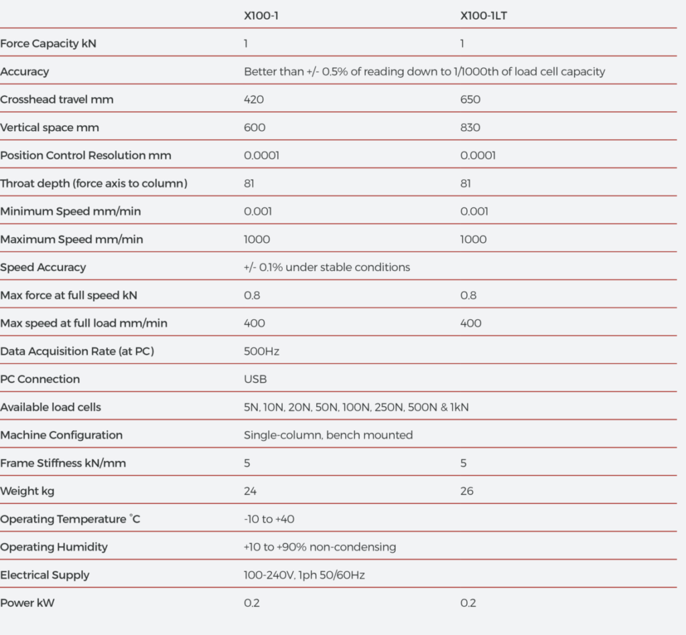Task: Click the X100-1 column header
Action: (261, 15)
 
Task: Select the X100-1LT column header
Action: (484, 15)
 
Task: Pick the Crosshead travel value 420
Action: (254, 100)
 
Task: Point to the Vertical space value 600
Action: (255, 128)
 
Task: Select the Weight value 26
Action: (467, 491)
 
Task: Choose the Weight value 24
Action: (251, 491)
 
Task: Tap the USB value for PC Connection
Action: (255, 379)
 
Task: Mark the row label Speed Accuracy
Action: (43, 268)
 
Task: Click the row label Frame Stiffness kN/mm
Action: (63, 463)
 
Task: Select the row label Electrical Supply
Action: (45, 575)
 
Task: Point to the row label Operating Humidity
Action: (54, 547)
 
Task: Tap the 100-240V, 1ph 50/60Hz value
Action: (304, 575)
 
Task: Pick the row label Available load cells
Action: (51, 407)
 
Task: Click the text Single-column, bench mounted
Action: (328, 436)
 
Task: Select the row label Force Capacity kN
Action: (49, 43)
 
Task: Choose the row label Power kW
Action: (27, 604)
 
